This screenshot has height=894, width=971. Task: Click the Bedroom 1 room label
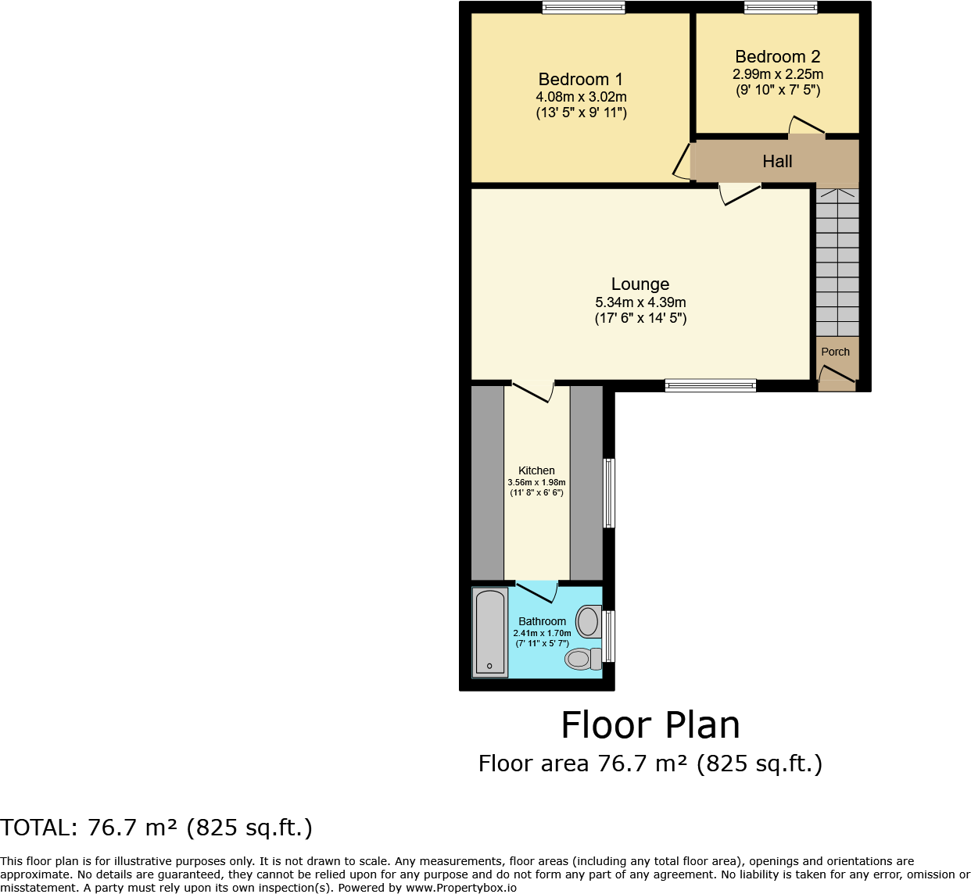click(x=580, y=80)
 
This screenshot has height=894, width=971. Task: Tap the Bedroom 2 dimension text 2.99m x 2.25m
click(x=777, y=74)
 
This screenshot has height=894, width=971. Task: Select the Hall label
click(x=777, y=162)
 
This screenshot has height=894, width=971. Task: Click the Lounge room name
click(x=640, y=284)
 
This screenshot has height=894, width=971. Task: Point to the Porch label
click(x=835, y=352)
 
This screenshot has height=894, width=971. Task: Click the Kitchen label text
click(x=536, y=470)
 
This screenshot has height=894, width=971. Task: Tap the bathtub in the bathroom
click(x=490, y=632)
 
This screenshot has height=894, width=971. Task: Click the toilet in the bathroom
click(x=582, y=659)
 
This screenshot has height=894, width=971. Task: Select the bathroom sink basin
click(x=589, y=622)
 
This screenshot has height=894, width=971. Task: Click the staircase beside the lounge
click(x=837, y=262)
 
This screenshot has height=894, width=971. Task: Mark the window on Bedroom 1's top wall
click(x=584, y=8)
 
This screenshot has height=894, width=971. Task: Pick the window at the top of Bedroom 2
click(x=780, y=8)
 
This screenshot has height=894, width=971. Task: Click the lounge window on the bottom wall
click(x=710, y=384)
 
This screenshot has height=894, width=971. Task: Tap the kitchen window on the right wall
click(x=609, y=492)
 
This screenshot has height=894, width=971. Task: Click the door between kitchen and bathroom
click(x=537, y=592)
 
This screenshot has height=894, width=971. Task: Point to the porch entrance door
click(x=837, y=380)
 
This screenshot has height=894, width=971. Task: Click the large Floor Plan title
click(x=650, y=725)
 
